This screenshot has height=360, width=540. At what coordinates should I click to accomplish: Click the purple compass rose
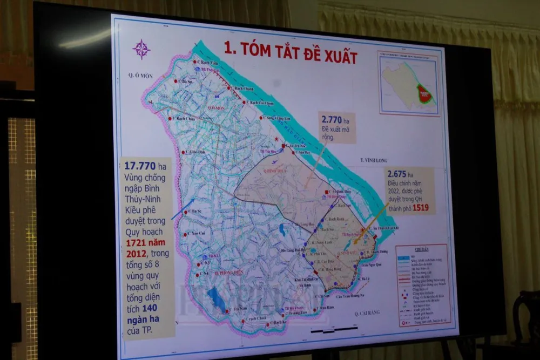[141, 49]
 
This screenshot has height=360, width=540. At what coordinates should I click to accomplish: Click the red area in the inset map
[426, 96]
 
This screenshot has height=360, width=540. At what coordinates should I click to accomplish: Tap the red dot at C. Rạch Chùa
[170, 119]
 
